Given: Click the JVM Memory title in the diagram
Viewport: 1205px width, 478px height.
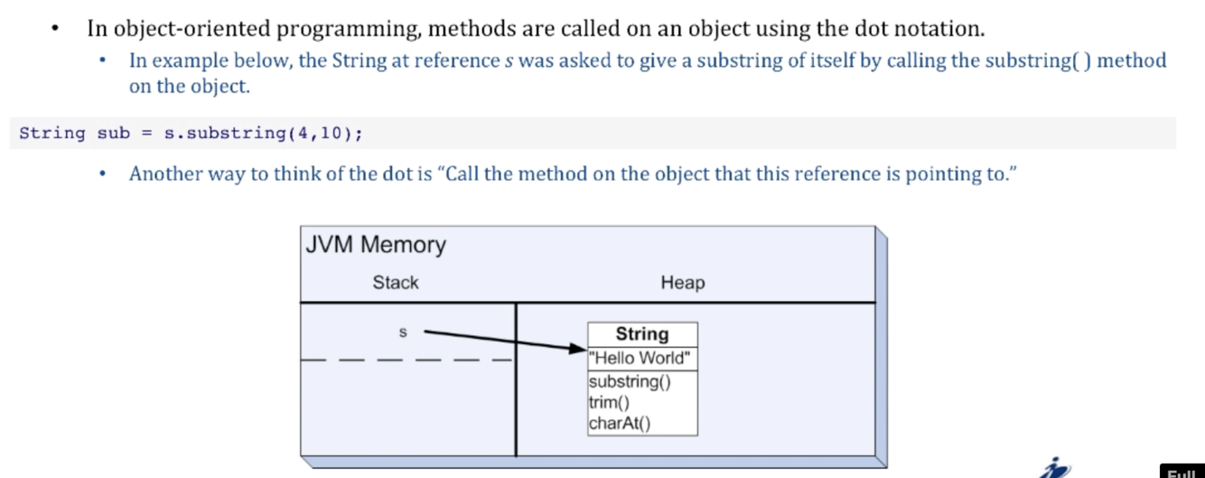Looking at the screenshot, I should point(376,245).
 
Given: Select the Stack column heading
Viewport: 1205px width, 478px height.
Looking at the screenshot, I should point(396,283).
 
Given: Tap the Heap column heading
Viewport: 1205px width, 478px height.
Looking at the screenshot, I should point(682,283).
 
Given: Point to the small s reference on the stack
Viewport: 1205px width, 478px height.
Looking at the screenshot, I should point(403,333).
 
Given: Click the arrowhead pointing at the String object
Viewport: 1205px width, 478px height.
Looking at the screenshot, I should point(578,349).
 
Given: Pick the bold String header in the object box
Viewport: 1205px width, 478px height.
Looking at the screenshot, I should point(641,334).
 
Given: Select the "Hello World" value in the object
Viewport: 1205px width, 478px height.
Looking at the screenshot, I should point(641,358).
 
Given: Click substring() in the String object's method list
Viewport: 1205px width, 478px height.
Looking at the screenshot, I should point(630,381).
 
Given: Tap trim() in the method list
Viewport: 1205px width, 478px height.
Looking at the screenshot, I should point(609,402).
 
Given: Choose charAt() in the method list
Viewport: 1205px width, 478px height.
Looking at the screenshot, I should point(619,423).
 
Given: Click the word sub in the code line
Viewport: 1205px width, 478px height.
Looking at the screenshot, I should point(114,134).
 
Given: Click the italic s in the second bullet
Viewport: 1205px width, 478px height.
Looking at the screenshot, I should point(509,61).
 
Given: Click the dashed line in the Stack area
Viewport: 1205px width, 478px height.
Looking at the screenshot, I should point(406,360).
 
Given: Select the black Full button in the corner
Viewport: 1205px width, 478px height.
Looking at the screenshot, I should point(1182,472).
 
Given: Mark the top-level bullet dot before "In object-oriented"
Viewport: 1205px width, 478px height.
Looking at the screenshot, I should point(56,29).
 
